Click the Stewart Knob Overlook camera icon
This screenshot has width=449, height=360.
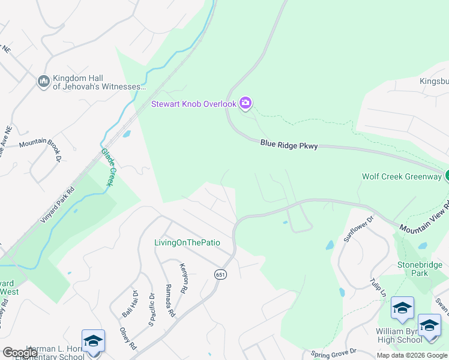coord(246,104)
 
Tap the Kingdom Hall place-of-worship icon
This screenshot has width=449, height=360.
coord(43,81)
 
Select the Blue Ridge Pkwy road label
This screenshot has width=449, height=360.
coord(289,145)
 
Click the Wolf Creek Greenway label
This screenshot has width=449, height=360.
coord(401,176)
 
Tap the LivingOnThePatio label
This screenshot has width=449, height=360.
coord(187,243)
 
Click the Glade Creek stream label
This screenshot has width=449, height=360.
coord(107,167)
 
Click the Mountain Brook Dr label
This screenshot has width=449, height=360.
coord(41,146)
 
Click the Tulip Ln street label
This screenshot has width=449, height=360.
coord(379,287)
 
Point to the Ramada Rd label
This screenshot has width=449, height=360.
coord(170,300)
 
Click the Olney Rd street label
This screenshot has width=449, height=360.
coord(127,339)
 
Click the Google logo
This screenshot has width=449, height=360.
coord(20,353)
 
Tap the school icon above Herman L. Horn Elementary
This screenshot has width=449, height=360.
coord(93,341)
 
